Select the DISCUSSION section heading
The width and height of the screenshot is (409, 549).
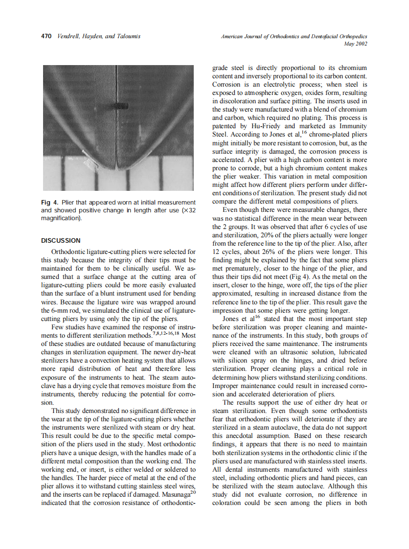pos(61,240)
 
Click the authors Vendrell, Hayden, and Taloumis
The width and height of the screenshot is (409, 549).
pos(98,36)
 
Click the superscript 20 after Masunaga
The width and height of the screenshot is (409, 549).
pos(193,492)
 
